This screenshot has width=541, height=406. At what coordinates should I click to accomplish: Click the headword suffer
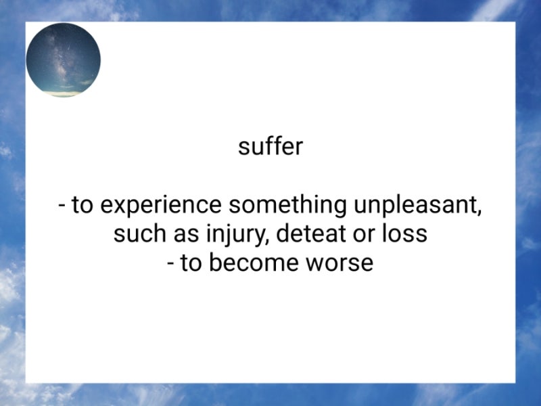270,146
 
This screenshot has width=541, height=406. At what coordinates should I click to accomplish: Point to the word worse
342,263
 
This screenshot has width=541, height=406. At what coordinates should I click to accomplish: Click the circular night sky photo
63,60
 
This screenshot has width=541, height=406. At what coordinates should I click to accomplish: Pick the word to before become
191,263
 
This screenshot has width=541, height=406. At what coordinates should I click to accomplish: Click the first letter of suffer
242,148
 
